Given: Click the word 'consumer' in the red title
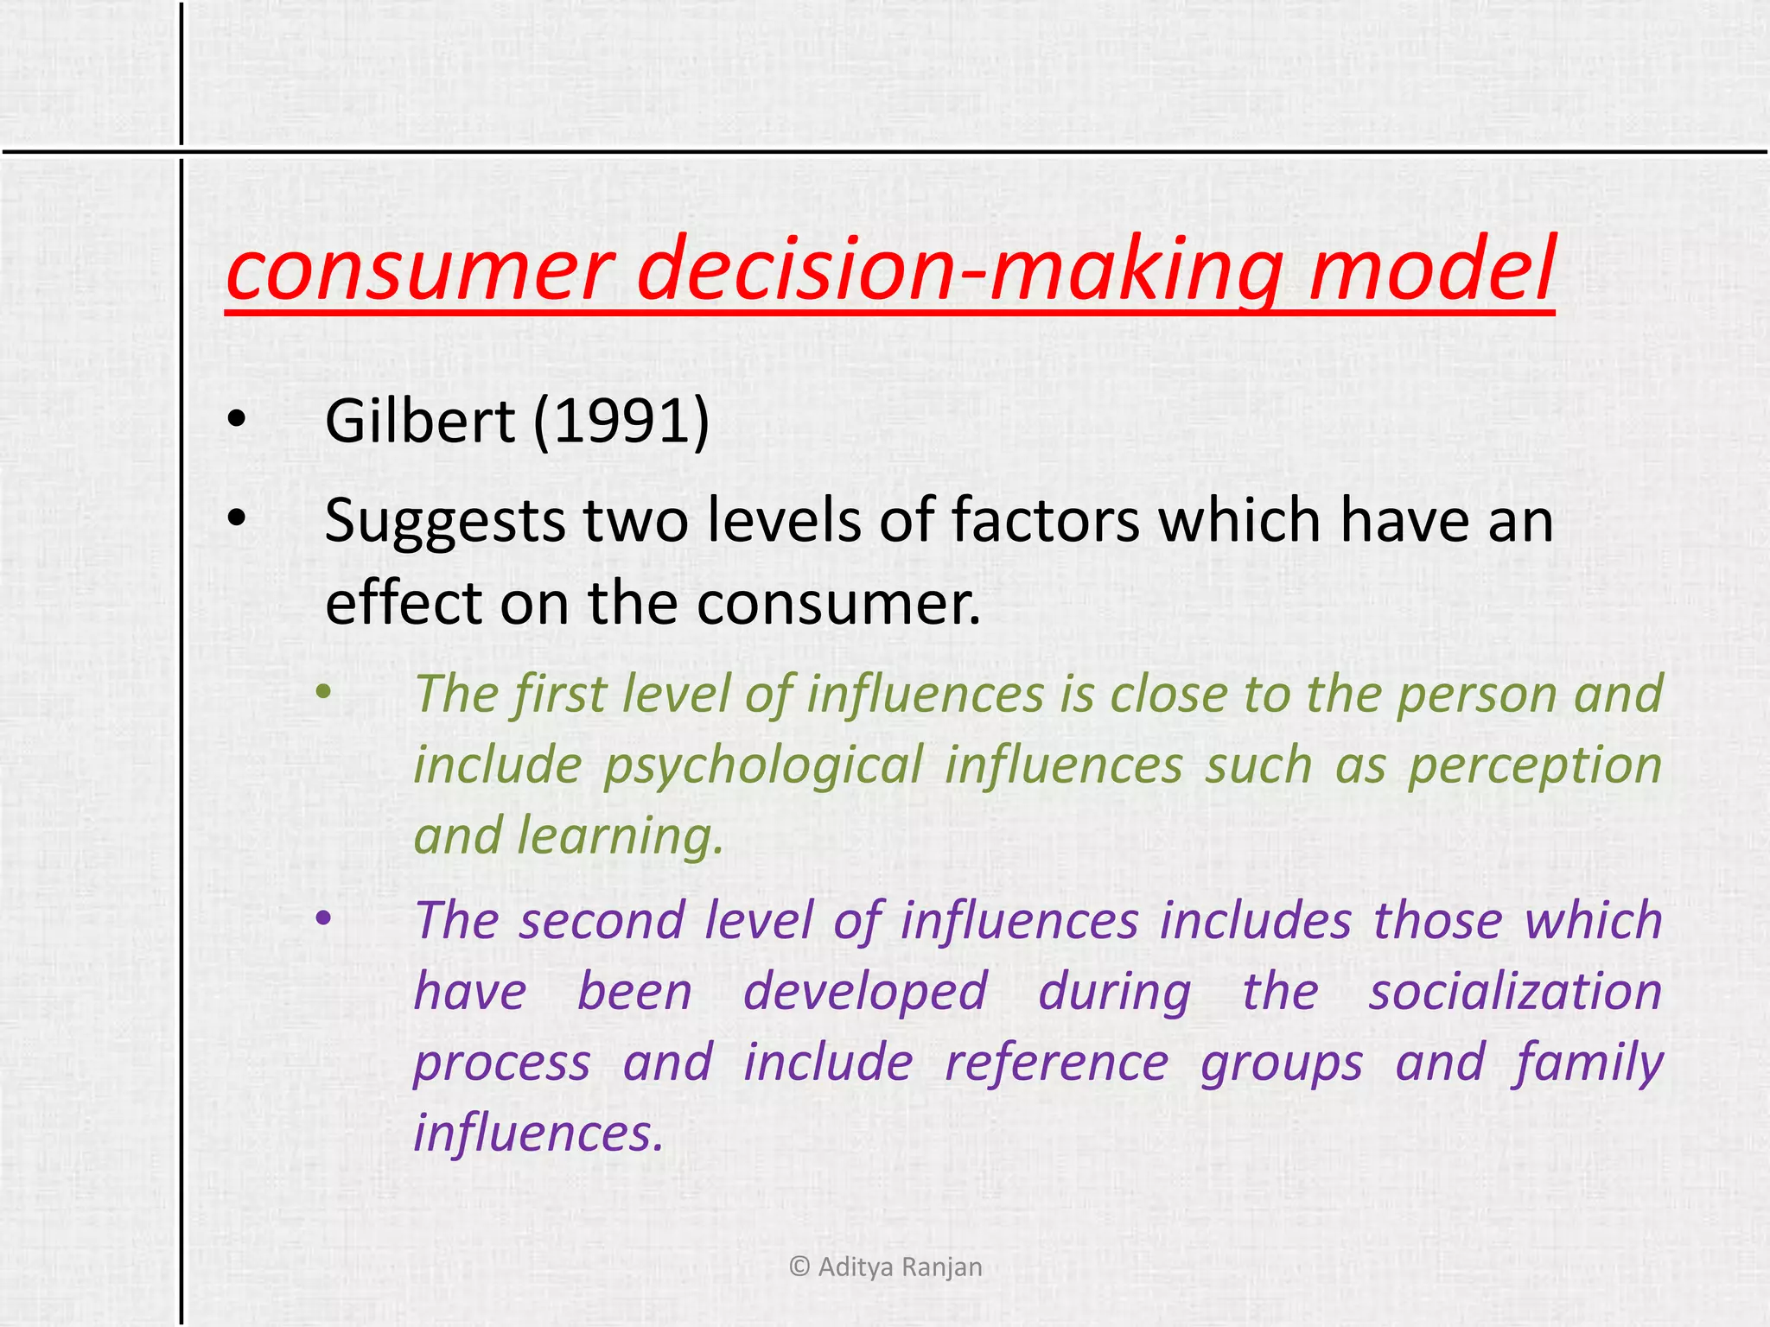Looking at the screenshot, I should [419, 270].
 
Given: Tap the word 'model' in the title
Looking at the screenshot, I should [1431, 270].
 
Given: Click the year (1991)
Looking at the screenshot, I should [621, 422].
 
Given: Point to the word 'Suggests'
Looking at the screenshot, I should [443, 522].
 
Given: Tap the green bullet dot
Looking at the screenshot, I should [323, 691].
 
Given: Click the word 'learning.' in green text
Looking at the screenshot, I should [620, 836].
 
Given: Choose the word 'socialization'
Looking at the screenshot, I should [1515, 991].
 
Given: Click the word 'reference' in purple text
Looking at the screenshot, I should [1056, 1062].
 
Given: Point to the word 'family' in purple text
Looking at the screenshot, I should [1589, 1064].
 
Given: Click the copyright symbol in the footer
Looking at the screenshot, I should [799, 1267].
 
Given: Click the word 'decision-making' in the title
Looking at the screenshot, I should [959, 270].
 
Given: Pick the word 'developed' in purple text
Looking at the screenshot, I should [865, 991].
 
